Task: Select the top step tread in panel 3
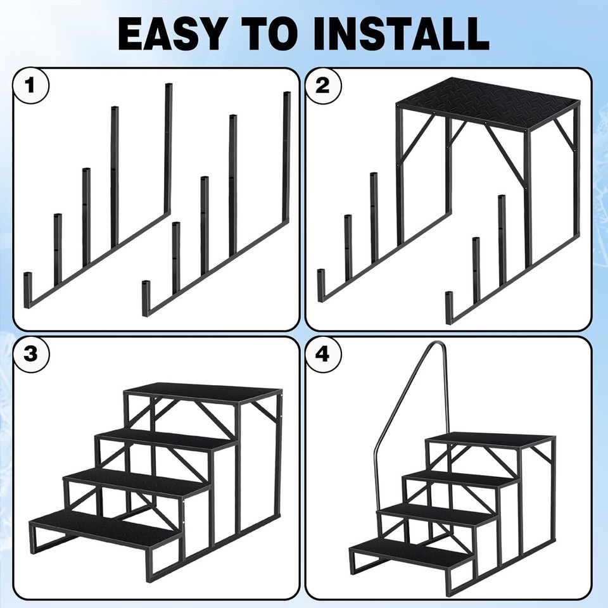click(203, 392)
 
